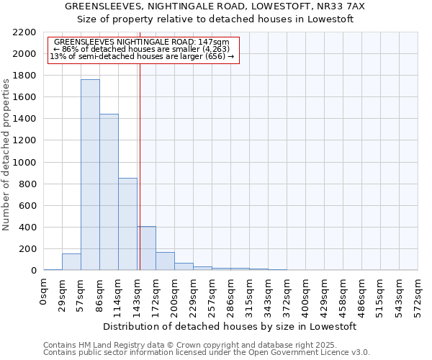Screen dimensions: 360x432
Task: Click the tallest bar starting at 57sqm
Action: tap(90, 175)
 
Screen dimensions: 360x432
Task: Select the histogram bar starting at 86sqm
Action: tap(109, 192)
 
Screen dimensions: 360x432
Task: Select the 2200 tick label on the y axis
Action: tap(24, 32)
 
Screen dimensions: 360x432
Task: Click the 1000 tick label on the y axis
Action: tap(24, 163)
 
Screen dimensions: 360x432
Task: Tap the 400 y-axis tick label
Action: tap(27, 228)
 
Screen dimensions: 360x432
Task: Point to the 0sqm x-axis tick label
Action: tap(44, 290)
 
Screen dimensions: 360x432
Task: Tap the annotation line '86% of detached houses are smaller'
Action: tap(142, 50)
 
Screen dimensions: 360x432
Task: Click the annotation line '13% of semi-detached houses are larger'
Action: tap(142, 57)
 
